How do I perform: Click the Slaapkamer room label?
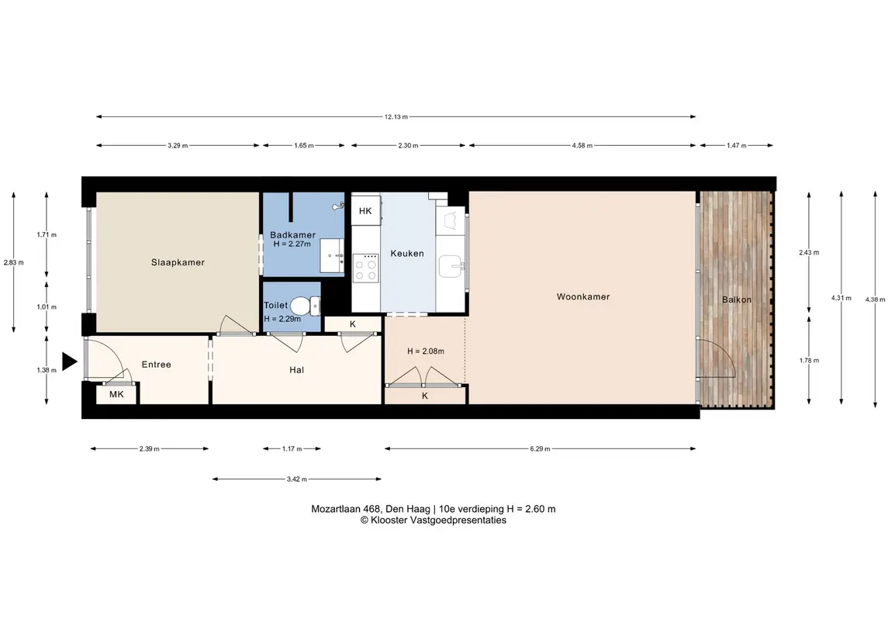click(x=178, y=262)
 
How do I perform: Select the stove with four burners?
click(x=366, y=268)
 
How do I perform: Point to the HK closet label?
click(x=365, y=211)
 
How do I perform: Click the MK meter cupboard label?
click(x=116, y=394)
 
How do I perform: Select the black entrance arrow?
click(x=69, y=362)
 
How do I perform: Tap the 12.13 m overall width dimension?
click(x=396, y=116)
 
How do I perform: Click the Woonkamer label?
click(x=582, y=297)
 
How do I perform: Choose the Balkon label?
click(x=737, y=299)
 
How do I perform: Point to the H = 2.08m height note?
click(x=425, y=351)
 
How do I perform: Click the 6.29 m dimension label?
click(x=540, y=448)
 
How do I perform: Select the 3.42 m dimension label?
click(x=296, y=479)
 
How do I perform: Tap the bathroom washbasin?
click(x=332, y=256)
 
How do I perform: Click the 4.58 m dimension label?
click(x=582, y=146)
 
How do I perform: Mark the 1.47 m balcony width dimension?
click(x=736, y=146)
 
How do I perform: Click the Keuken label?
click(x=406, y=254)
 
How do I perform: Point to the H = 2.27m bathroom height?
click(x=292, y=244)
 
